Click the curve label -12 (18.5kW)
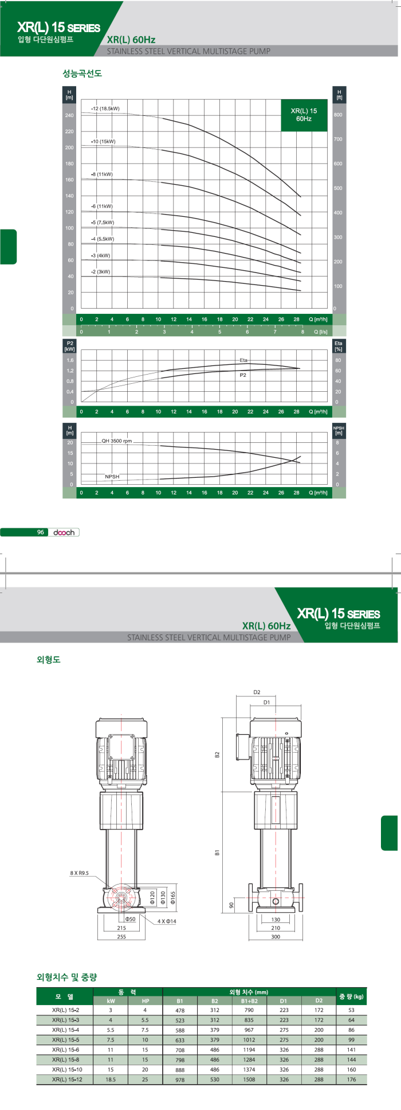click(105, 108)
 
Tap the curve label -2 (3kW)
click(100, 272)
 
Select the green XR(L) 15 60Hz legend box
click(304, 115)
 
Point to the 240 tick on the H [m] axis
click(70, 115)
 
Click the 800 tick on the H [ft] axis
click(339, 115)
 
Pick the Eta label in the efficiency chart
click(243, 360)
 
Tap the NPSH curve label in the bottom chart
click(112, 477)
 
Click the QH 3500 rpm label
click(117, 441)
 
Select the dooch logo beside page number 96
click(64, 532)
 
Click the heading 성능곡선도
click(82, 74)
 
